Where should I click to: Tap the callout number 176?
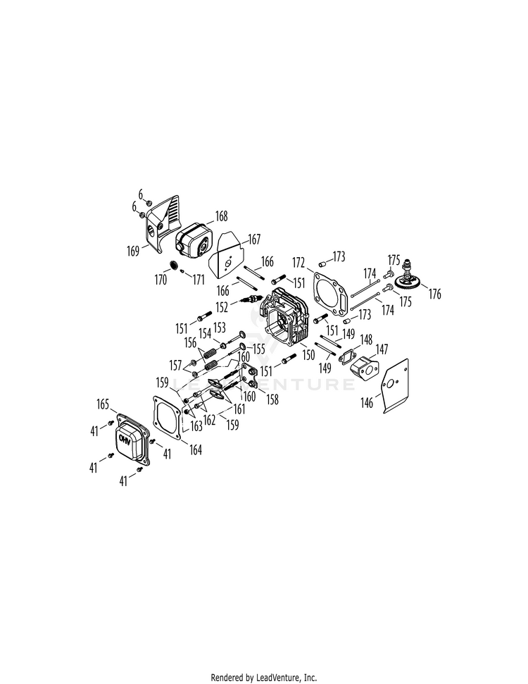coord(434,294)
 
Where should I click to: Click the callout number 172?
coord(298,263)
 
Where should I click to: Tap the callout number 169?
coord(133,251)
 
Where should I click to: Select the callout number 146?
coord(367,402)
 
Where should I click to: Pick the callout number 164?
coord(195,449)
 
